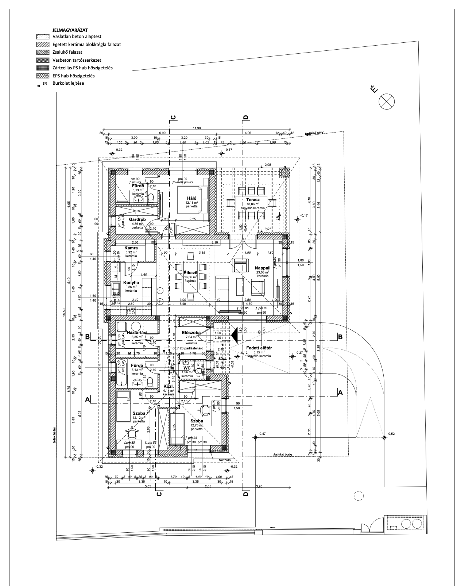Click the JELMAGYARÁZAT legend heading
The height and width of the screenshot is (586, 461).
pyautogui.click(x=70, y=30)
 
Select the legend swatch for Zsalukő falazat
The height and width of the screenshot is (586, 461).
pyautogui.click(x=43, y=52)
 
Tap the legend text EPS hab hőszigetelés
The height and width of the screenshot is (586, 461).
pyautogui.click(x=74, y=76)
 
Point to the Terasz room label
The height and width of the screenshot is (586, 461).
pyautogui.click(x=253, y=200)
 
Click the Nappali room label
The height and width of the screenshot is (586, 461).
pyautogui.click(x=262, y=268)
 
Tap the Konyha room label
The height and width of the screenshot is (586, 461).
pyautogui.click(x=131, y=282)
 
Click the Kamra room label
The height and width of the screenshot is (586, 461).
pyautogui.click(x=131, y=248)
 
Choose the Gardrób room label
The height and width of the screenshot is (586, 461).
pyautogui.click(x=137, y=219)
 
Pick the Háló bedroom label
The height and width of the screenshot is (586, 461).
pyautogui.click(x=191, y=198)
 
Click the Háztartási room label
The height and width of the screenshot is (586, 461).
pyautogui.click(x=137, y=332)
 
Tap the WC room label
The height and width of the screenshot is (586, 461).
pyautogui.click(x=186, y=368)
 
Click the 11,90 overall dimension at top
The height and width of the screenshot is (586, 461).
pyautogui.click(x=197, y=128)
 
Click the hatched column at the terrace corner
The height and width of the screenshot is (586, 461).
pyautogui.click(x=284, y=172)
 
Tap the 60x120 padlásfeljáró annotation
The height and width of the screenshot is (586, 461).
pyautogui.click(x=188, y=348)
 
